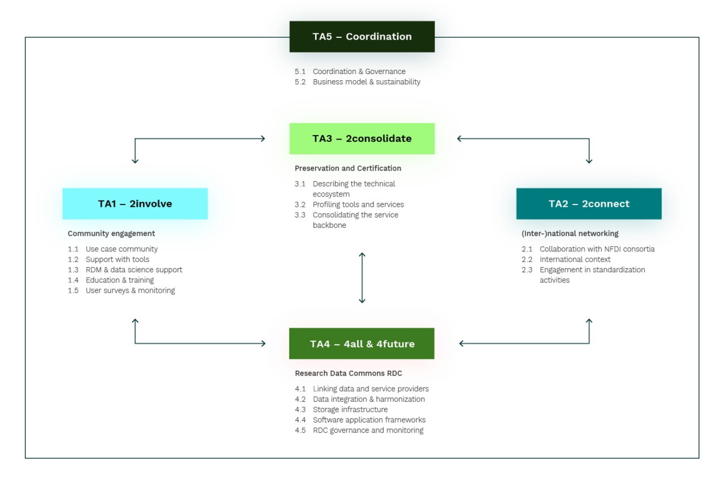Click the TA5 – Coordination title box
pyautogui.click(x=362, y=37)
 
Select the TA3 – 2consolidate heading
pyautogui.click(x=362, y=138)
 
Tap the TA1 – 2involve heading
pyautogui.click(x=135, y=204)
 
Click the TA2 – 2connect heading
pyautogui.click(x=589, y=204)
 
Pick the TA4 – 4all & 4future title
pyautogui.click(x=362, y=344)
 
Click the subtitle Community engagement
pyautogui.click(x=111, y=234)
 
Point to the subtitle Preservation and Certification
pyautogui.click(x=348, y=168)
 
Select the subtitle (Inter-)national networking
pyautogui.click(x=570, y=234)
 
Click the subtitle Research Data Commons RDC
pyautogui.click(x=348, y=374)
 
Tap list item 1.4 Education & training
pyautogui.click(x=119, y=280)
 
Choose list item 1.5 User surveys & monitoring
pyautogui.click(x=130, y=291)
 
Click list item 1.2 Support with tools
pyautogui.click(x=117, y=260)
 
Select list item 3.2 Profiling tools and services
pyautogui.click(x=357, y=205)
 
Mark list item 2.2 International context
pyautogui.click(x=575, y=260)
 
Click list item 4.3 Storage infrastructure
pyautogui.click(x=350, y=410)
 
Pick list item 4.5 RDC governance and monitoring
pyautogui.click(x=368, y=430)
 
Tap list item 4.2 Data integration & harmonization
pyautogui.click(x=368, y=399)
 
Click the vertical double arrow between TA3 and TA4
pyautogui.click(x=362, y=278)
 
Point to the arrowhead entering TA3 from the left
pyautogui.click(x=262, y=139)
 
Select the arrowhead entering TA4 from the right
pyautogui.click(x=462, y=343)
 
